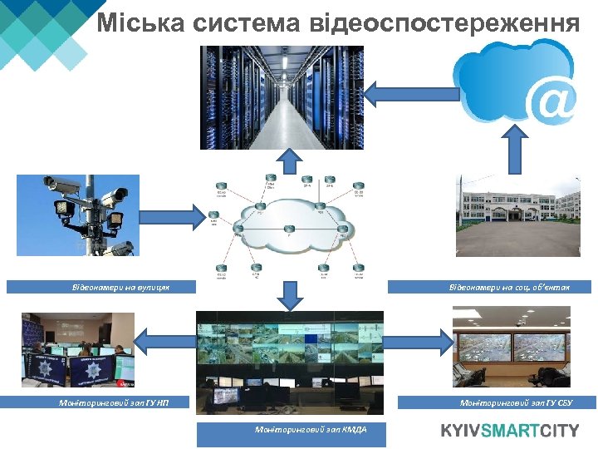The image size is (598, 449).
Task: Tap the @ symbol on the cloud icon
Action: click(x=553, y=101)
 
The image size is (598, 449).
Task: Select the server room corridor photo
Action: click(x=282, y=97)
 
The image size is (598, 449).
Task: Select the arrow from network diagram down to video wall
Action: click(x=290, y=293)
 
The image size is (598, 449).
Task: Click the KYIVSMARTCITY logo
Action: click(x=509, y=430)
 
